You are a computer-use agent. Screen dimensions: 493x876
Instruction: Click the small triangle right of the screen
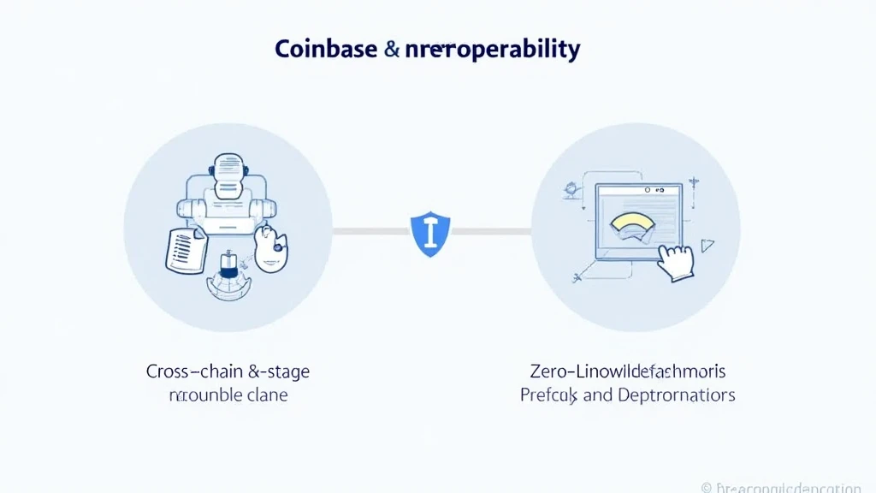[707, 246]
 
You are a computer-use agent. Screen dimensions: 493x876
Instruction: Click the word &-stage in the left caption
[279, 372]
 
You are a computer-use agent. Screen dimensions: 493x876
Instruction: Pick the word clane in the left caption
[264, 395]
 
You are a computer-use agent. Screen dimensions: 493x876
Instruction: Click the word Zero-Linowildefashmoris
[627, 372]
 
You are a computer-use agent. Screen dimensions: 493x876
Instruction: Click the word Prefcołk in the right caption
[550, 395]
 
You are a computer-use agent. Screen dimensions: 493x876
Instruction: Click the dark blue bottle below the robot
[229, 264]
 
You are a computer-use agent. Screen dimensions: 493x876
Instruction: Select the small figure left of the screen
[567, 191]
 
